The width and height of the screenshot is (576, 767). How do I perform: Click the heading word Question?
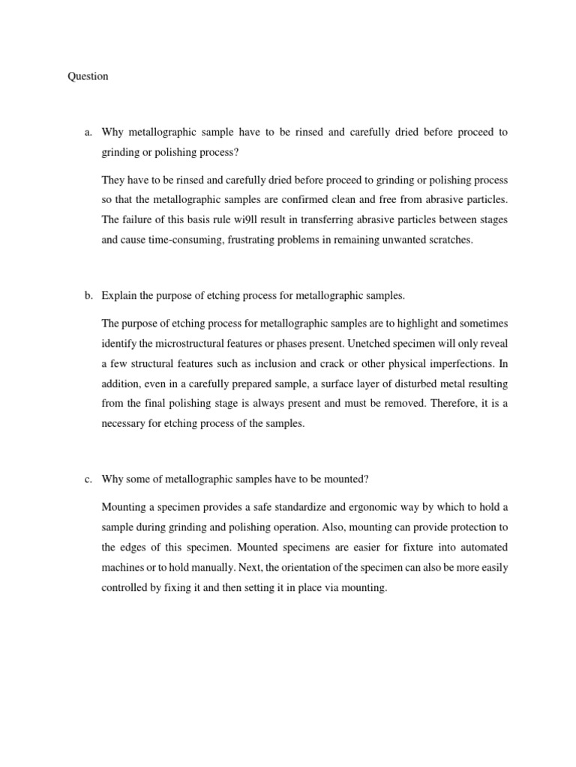(88, 76)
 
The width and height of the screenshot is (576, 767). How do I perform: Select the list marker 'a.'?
(88, 133)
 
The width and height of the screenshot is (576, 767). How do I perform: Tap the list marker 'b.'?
(88, 295)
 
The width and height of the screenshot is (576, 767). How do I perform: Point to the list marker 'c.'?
(88, 480)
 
